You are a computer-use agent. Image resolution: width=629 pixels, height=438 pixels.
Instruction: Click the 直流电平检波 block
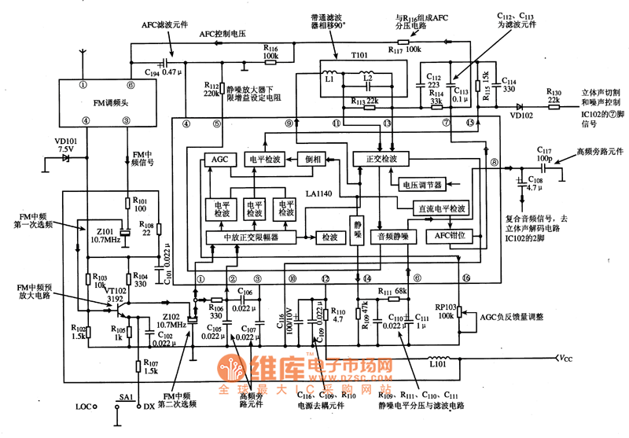pyautogui.click(x=441, y=209)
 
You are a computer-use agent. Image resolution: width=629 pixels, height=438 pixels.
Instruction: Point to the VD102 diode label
pyautogui.click(x=520, y=114)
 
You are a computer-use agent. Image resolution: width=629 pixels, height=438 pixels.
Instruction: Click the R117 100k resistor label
pyautogui.click(x=405, y=49)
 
